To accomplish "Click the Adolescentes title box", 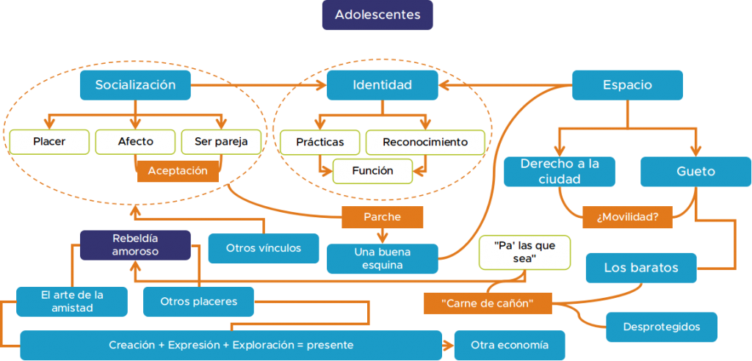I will [x=377, y=15].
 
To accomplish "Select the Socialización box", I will [x=135, y=85].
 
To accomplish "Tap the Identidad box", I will [x=382, y=85].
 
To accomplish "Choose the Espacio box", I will [x=627, y=85].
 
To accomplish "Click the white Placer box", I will [x=49, y=142].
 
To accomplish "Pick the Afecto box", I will [x=135, y=142].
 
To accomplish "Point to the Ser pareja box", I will [x=220, y=142].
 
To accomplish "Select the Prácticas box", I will [x=320, y=142].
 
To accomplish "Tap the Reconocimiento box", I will [x=424, y=142].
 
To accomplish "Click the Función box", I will [x=372, y=171].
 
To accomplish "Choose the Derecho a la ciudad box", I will [x=560, y=172].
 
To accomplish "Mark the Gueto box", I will [x=695, y=172].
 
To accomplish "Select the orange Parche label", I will [x=382, y=216].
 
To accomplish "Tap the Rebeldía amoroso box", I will [x=135, y=245].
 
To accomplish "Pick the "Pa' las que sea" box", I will [x=524, y=252].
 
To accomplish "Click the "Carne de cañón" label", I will [x=487, y=303].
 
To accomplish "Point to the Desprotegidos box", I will [x=661, y=327].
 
